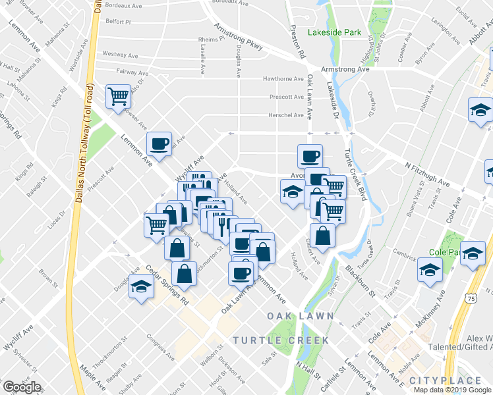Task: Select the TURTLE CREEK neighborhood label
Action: click(280, 340)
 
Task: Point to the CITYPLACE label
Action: click(445, 381)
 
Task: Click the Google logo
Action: click(22, 387)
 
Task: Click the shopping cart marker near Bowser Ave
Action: click(119, 96)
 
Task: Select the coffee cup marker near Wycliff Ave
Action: click(160, 143)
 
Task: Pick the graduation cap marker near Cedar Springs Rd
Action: click(140, 287)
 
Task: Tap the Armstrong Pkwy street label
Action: click(238, 37)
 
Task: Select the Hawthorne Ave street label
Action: click(283, 79)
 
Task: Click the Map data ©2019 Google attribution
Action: click(452, 390)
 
